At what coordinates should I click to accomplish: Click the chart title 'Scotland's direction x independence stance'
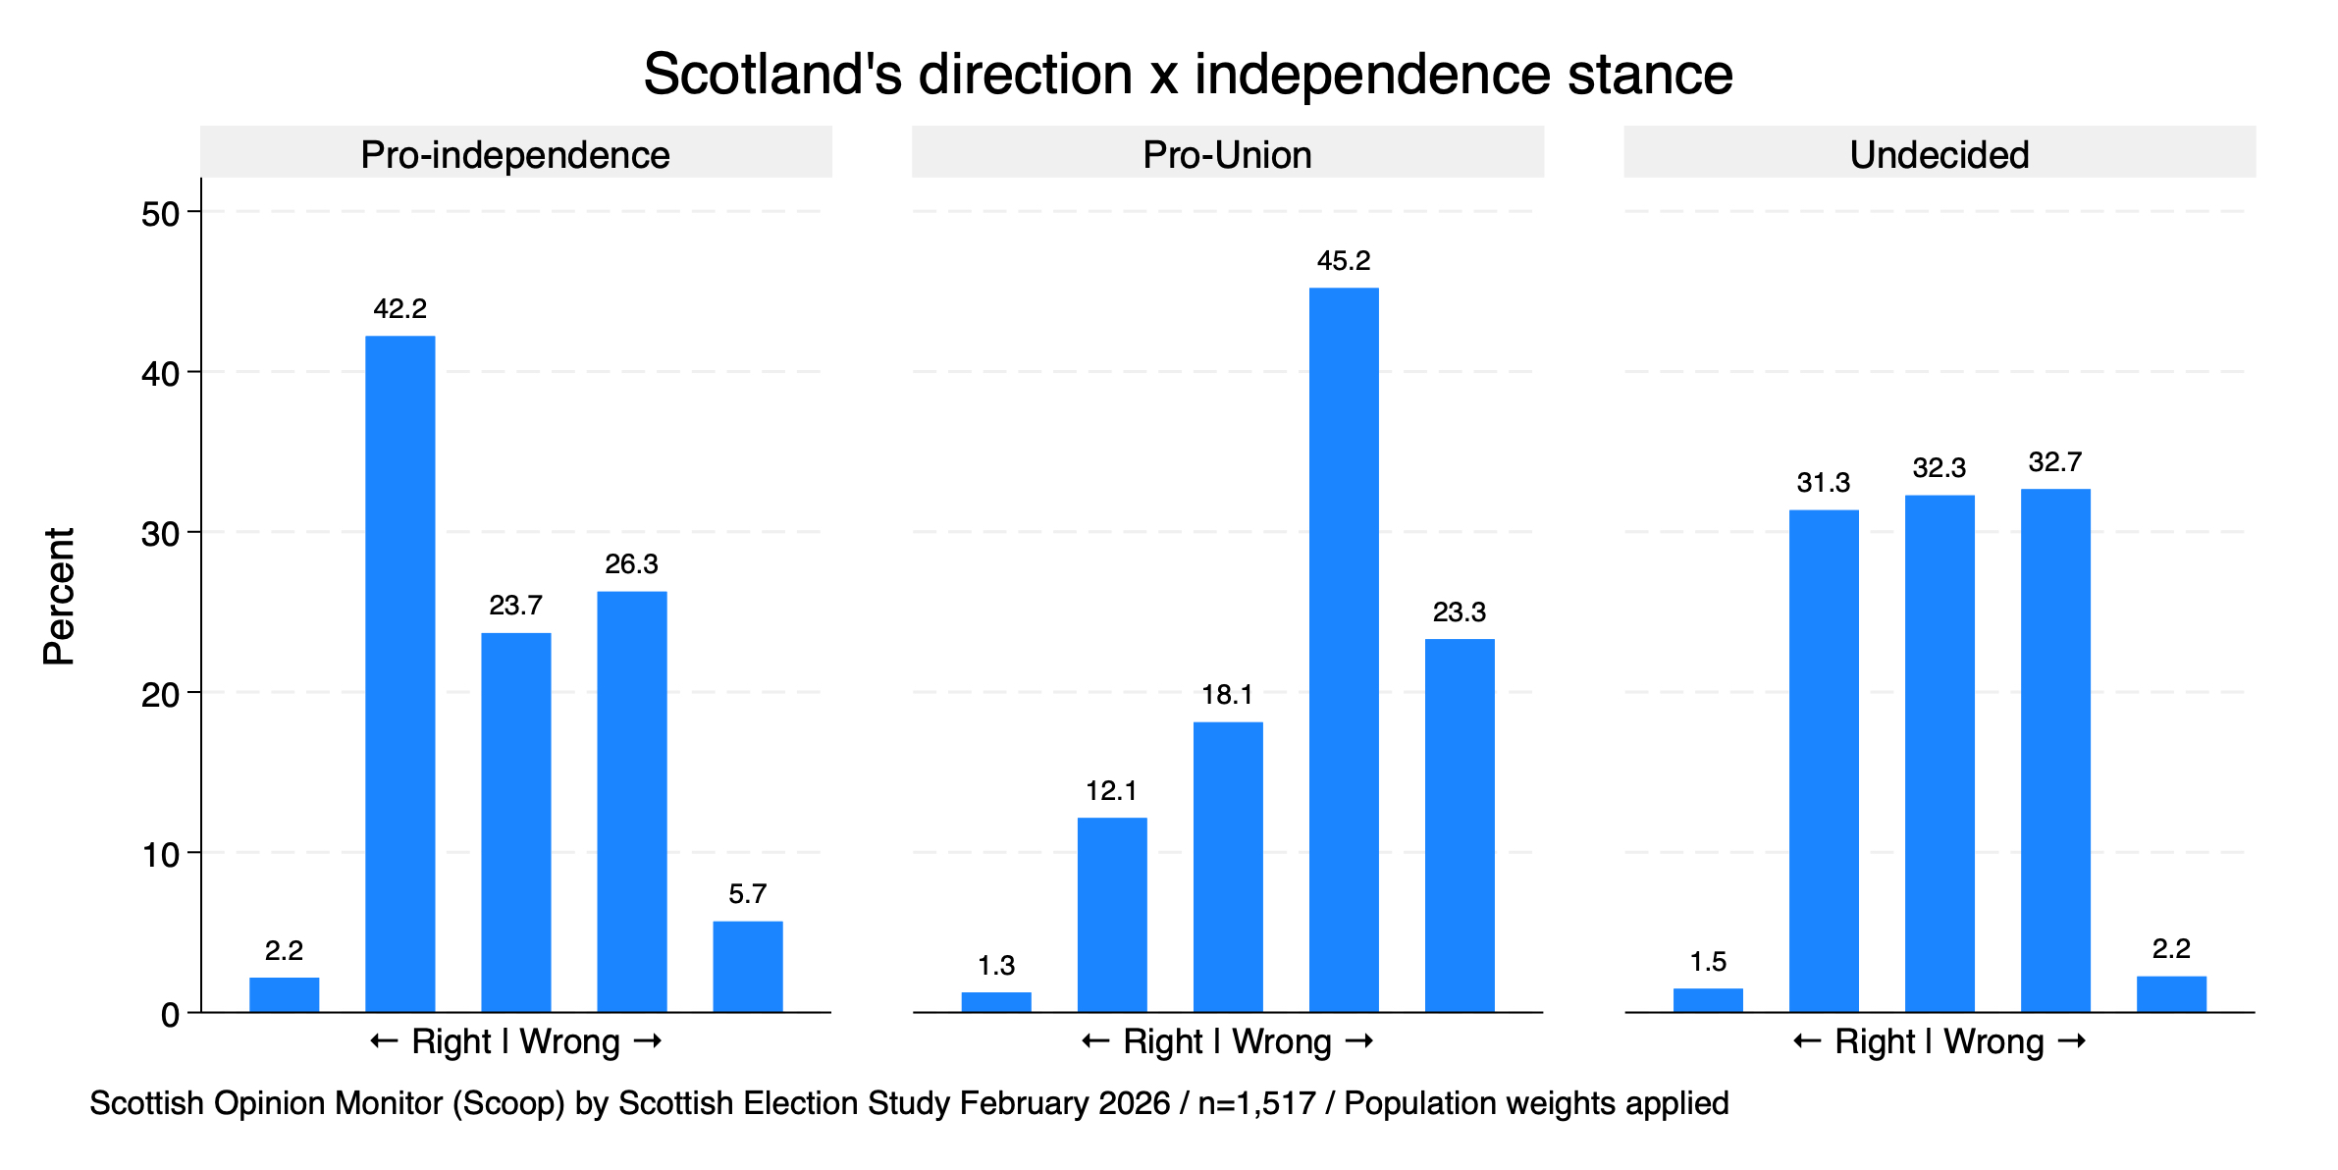click(1188, 74)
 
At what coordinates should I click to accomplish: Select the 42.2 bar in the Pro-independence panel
click(399, 673)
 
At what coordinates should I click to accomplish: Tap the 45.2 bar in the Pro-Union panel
click(1344, 650)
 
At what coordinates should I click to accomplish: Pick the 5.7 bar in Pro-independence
click(747, 966)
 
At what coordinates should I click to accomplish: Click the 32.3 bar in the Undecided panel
click(1939, 753)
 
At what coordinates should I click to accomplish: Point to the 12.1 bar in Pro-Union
click(1112, 914)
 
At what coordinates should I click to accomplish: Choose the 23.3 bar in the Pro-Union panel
click(1460, 824)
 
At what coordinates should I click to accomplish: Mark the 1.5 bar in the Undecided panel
click(1708, 999)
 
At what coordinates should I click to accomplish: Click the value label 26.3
click(631, 563)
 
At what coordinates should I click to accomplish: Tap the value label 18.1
click(1227, 695)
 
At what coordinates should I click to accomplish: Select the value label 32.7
click(2055, 462)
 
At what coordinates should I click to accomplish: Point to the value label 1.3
click(996, 966)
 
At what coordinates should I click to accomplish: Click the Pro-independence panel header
click(515, 154)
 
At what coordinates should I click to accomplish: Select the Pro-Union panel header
click(1227, 154)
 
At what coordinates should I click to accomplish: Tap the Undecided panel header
click(1939, 154)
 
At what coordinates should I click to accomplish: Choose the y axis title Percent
click(59, 596)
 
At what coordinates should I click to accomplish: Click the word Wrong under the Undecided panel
click(1993, 1041)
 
